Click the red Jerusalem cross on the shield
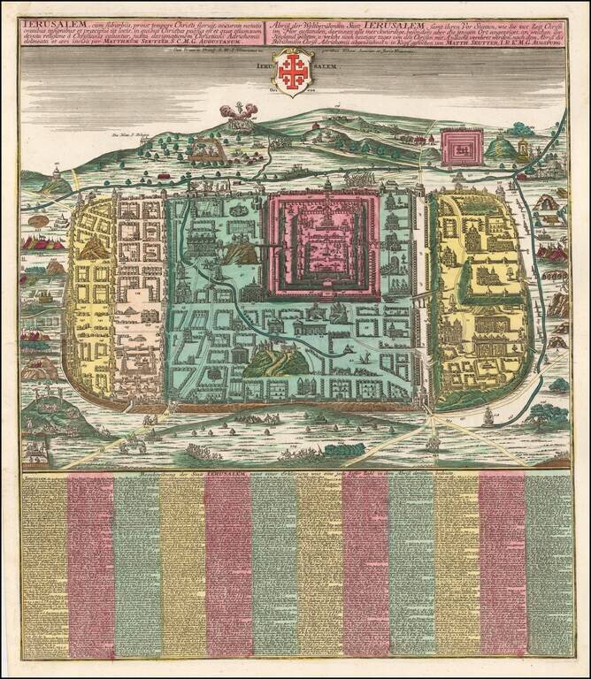291,67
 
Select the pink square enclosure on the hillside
463,148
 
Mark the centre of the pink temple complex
326,245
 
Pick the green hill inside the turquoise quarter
276,360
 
